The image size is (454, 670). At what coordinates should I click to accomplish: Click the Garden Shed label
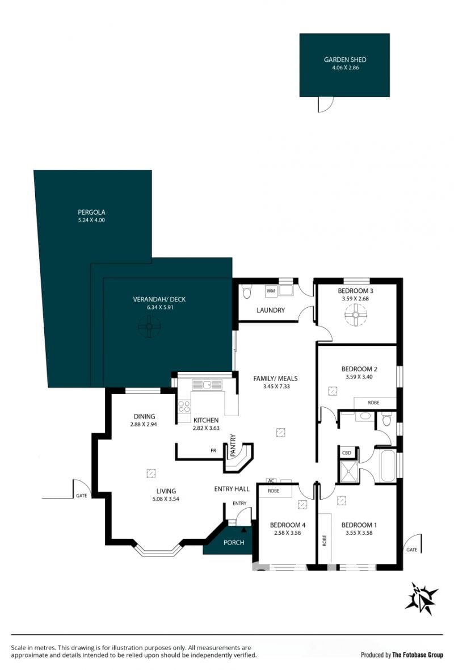344,60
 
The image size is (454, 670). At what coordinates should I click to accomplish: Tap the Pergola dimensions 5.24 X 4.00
91,220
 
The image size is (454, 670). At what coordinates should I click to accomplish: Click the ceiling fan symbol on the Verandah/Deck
149,326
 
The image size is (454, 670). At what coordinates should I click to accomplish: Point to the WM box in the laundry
271,291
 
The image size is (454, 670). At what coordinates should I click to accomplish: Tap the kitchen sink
207,384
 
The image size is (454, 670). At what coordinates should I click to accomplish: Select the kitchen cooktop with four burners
184,407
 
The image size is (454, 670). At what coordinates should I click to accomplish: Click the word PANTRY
233,446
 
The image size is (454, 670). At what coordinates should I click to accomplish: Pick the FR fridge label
213,450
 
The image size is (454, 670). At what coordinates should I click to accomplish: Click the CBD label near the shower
347,453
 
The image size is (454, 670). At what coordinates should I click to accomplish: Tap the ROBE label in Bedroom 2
373,403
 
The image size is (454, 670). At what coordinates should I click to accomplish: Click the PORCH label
234,542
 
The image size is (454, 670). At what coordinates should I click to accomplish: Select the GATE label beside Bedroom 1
411,550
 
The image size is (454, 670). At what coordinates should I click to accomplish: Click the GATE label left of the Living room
82,496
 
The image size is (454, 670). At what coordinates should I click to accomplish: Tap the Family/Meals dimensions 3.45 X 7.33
276,386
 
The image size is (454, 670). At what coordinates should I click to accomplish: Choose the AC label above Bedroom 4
271,481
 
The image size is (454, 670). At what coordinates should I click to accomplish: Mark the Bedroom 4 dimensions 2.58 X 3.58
287,533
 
